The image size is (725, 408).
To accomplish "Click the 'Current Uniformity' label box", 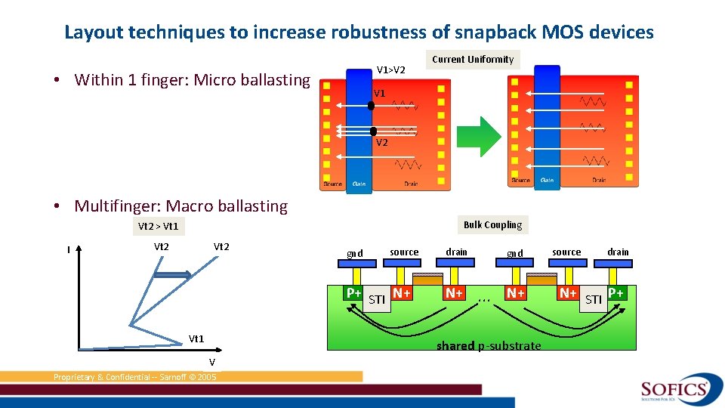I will pyautogui.click(x=473, y=60).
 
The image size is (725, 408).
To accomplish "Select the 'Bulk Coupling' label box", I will pyautogui.click(x=492, y=224).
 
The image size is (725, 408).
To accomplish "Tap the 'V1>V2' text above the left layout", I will pyautogui.click(x=391, y=70).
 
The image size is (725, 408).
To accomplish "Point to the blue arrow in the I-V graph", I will pyautogui.click(x=173, y=277).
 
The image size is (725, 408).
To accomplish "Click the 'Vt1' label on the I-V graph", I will pyautogui.click(x=196, y=338).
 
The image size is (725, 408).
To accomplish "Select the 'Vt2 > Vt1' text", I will pyautogui.click(x=159, y=226).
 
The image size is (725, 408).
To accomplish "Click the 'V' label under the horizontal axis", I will pyautogui.click(x=212, y=362).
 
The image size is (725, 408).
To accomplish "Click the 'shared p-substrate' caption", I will pyautogui.click(x=489, y=346).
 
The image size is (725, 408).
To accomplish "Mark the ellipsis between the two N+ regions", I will pyautogui.click(x=484, y=300).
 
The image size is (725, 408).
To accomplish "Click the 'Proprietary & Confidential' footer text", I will pyautogui.click(x=134, y=377).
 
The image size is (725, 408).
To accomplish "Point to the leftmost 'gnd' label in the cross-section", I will pyautogui.click(x=354, y=253).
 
